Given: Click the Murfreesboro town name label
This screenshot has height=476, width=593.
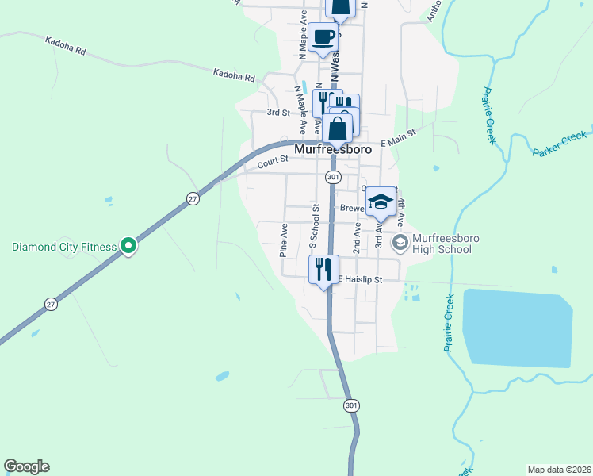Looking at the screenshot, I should click(332, 148).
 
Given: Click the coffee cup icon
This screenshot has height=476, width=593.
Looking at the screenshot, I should click(323, 37).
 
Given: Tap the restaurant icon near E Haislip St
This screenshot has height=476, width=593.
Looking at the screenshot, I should click(323, 268).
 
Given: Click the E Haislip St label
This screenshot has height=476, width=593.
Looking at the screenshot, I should click(361, 279).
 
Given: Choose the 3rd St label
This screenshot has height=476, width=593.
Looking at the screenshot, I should click(277, 113).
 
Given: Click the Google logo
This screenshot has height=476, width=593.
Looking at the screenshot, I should click(26, 466).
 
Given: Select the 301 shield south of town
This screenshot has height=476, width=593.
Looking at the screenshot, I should click(352, 405).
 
